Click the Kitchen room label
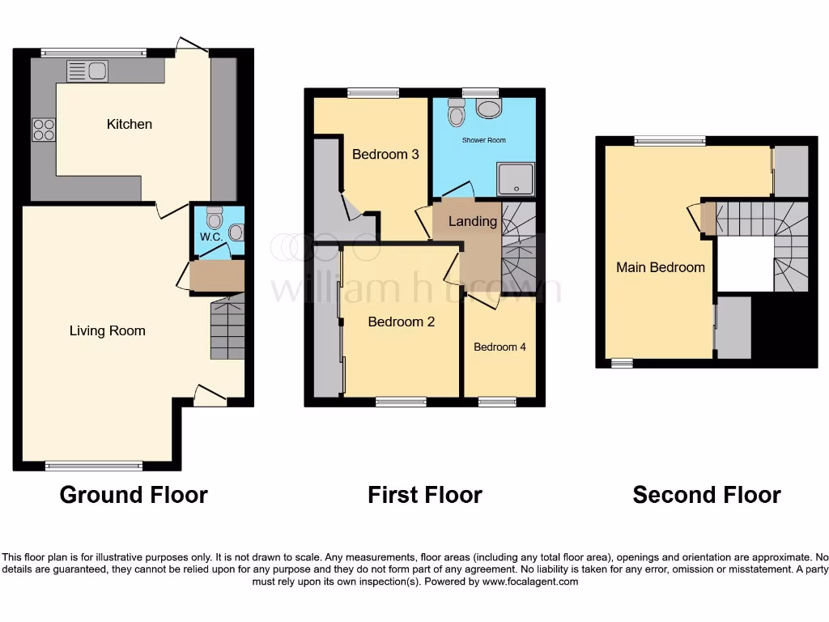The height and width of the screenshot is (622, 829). [130, 124]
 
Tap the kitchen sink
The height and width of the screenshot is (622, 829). [87, 70]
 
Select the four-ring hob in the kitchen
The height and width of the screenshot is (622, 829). [44, 130]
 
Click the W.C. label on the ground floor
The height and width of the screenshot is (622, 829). [210, 237]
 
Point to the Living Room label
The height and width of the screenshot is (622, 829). [108, 330]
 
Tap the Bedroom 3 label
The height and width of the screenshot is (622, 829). [385, 154]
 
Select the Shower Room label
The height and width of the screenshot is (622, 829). [484, 140]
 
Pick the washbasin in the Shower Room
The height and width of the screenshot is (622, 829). [488, 109]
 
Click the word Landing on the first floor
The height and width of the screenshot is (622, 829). [473, 221]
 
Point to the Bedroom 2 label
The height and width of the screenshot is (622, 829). [402, 322]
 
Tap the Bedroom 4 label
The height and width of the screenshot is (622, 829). [500, 347]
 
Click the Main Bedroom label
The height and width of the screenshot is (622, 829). [661, 267]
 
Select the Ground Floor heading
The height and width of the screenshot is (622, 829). [134, 494]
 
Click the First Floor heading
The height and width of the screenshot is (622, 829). [425, 494]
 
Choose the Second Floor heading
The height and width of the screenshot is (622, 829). [707, 494]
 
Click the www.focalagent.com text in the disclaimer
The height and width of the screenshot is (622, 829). [531, 582]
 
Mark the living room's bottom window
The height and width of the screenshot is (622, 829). [94, 465]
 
